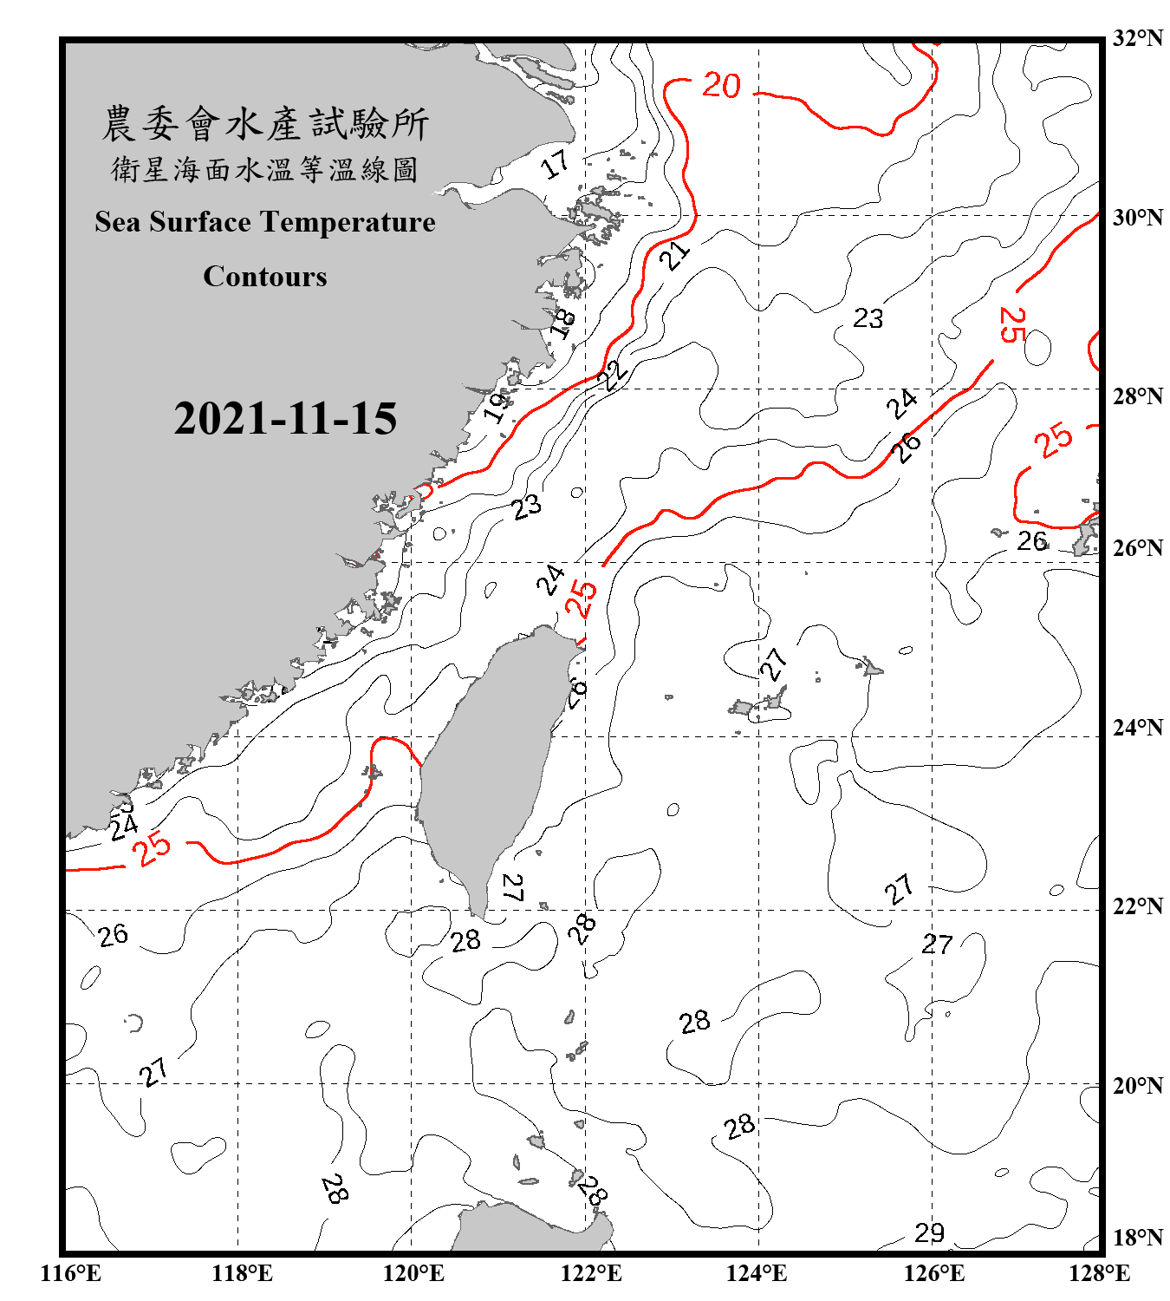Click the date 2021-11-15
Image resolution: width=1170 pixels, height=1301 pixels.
click(x=285, y=418)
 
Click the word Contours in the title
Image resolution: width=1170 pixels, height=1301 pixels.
click(x=264, y=276)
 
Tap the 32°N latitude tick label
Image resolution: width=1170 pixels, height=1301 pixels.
click(x=1137, y=38)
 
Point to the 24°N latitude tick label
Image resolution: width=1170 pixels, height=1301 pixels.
click(x=1137, y=727)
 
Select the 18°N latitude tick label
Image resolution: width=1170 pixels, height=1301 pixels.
click(x=1137, y=1237)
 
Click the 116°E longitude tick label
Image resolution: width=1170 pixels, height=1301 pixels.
click(x=71, y=1273)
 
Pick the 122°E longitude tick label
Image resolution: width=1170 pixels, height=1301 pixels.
click(x=591, y=1273)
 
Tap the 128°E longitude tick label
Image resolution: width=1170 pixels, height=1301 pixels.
click(x=1099, y=1273)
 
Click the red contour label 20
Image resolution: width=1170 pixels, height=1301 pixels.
click(x=721, y=85)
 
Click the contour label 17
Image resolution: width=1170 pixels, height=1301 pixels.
click(x=556, y=163)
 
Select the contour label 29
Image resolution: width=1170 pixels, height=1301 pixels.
click(x=929, y=1232)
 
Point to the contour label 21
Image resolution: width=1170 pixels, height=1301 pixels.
click(x=674, y=255)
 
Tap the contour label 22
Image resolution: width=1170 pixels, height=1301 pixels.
click(x=614, y=375)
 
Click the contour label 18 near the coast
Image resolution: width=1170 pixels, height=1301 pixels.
click(x=563, y=323)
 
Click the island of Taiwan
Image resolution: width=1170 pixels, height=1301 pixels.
click(x=490, y=763)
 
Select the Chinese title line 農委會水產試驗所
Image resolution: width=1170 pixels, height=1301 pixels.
click(x=264, y=124)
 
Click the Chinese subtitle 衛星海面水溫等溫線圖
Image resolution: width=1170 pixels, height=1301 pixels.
click(x=264, y=169)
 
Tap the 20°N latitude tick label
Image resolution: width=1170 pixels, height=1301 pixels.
click(x=1137, y=1085)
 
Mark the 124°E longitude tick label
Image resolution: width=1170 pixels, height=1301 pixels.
click(x=757, y=1273)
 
